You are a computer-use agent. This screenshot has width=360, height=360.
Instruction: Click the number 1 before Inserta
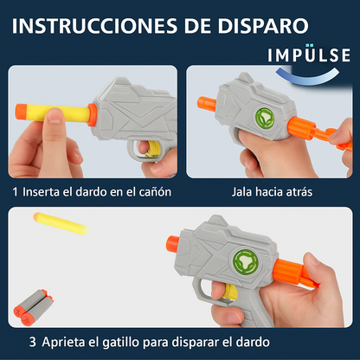[x=15, y=192]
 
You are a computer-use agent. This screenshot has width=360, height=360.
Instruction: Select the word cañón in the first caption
[x=156, y=192]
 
